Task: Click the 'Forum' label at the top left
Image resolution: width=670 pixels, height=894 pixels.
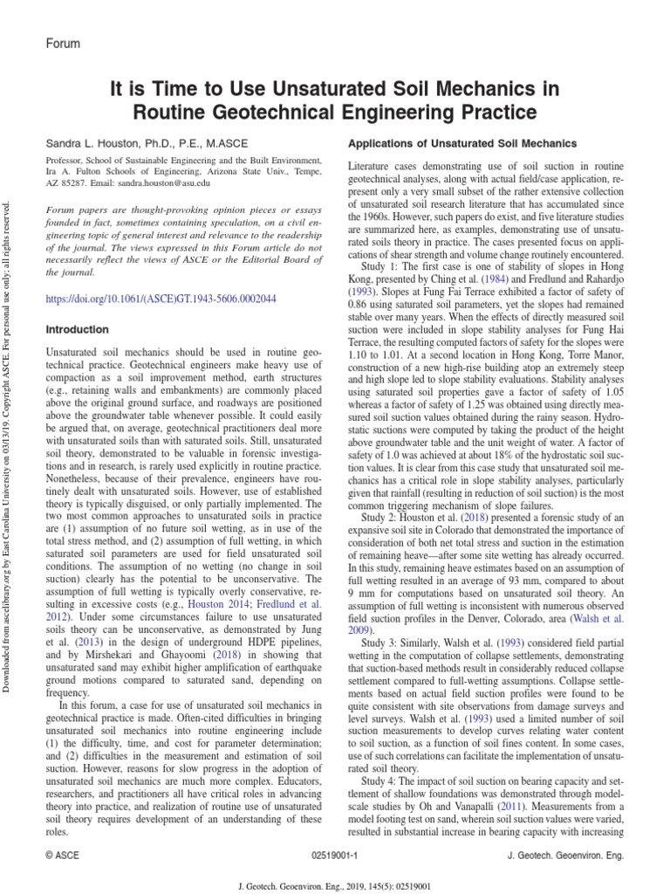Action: (x=62, y=43)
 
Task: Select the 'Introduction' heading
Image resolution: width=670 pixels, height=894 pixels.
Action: (x=79, y=329)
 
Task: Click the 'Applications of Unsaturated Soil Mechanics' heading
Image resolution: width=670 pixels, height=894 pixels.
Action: (x=461, y=142)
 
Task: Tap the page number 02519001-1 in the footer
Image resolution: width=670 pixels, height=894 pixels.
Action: (x=334, y=856)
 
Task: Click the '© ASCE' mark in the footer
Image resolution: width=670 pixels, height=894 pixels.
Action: (x=62, y=856)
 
